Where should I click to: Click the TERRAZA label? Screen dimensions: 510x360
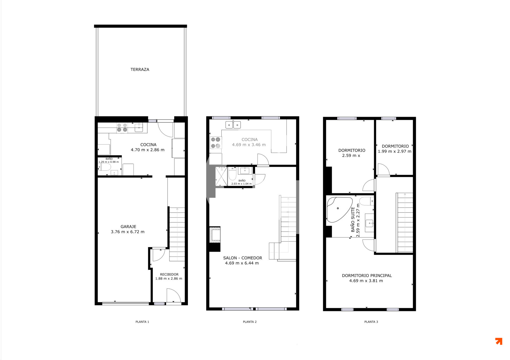[x=140, y=69]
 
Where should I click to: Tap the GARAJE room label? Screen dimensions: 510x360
[x=128, y=227]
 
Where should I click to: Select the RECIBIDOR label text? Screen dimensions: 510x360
[x=169, y=274]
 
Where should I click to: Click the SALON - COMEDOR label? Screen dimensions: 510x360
[x=243, y=258]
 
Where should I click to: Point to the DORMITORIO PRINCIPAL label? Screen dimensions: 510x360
[x=367, y=276]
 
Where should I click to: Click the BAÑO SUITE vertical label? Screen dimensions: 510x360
[x=353, y=220]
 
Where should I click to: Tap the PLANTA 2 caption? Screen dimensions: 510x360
[x=250, y=322]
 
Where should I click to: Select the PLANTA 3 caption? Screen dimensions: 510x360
[x=371, y=322]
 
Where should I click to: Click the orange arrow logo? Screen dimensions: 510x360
[x=499, y=341]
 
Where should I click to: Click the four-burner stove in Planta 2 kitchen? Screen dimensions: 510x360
[x=216, y=143]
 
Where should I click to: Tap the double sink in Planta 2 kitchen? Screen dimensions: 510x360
[x=233, y=125]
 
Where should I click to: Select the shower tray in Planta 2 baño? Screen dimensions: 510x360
[x=221, y=176]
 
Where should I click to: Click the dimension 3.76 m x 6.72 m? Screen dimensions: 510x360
[x=127, y=232]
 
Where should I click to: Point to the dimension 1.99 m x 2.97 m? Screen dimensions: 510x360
[x=394, y=151]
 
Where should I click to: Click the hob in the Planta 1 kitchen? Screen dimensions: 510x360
[x=122, y=128]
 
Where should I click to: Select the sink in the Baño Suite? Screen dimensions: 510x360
[x=369, y=223]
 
